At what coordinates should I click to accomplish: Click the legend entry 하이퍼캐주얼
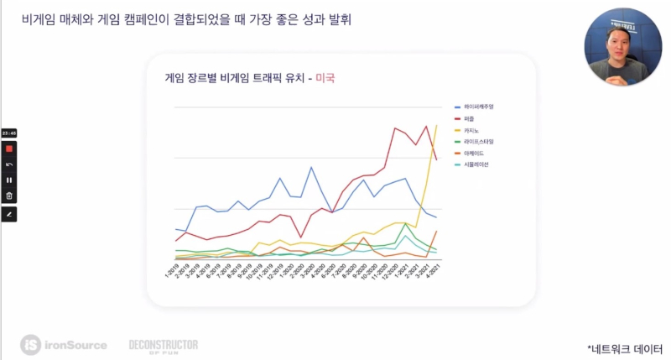[x=479, y=107]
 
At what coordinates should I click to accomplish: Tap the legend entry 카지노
[x=471, y=130]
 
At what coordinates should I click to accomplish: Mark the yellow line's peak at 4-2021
[x=436, y=126]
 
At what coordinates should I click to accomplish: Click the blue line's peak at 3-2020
[x=312, y=168]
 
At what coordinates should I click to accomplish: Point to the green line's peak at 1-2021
[x=407, y=224]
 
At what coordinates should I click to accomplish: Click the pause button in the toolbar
[x=9, y=180]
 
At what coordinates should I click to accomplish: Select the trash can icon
[x=9, y=196]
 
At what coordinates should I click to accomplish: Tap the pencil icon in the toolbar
[x=9, y=214]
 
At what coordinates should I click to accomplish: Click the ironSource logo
[x=64, y=344]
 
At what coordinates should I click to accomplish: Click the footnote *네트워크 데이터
[x=624, y=346]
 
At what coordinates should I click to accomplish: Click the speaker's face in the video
[x=621, y=45]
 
